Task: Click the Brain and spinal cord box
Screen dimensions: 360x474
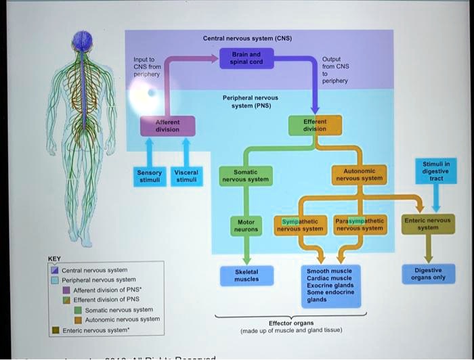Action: tap(246, 58)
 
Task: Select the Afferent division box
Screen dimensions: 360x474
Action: tap(167, 125)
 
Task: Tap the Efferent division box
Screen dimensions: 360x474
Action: tap(314, 125)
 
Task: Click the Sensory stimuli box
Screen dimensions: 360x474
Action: tap(149, 176)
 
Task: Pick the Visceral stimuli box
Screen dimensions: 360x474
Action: tap(186, 176)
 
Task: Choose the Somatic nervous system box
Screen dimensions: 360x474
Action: tap(246, 176)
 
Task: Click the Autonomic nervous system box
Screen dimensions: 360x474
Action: tap(358, 175)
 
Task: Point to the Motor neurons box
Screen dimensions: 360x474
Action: tap(246, 225)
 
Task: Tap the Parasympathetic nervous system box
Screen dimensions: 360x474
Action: tap(359, 225)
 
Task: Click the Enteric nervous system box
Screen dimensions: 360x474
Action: tap(427, 224)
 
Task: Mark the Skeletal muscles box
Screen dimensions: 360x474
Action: tap(246, 275)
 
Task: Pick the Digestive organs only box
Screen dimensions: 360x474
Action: tap(428, 274)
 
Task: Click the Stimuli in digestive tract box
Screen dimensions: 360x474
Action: tap(436, 171)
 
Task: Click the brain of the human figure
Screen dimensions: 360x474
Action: tap(82, 41)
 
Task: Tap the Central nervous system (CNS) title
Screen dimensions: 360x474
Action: tap(247, 39)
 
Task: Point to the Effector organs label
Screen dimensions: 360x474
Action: tap(291, 323)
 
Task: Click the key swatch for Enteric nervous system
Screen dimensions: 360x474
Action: tap(56, 331)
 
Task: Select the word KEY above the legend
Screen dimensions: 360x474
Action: tap(54, 258)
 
